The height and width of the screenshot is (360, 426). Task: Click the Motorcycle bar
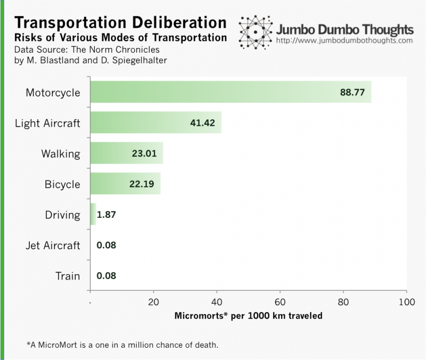tap(231, 92)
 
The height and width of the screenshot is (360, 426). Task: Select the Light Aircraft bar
tap(155, 123)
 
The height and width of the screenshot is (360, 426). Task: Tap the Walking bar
tap(126, 154)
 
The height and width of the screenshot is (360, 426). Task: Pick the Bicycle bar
tap(125, 184)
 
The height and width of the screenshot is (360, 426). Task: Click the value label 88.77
tap(352, 92)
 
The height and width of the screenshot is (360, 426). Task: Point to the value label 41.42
tap(202, 123)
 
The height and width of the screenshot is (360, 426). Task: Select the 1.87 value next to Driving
tap(106, 215)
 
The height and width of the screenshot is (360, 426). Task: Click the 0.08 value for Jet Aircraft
tap(106, 246)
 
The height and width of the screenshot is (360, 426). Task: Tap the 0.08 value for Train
tap(106, 276)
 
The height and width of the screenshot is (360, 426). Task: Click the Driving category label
tap(62, 215)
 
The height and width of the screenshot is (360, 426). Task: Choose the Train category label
tap(68, 276)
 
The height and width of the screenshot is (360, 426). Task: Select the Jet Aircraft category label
tap(53, 246)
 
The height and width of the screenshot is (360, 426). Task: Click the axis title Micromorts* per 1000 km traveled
tap(248, 316)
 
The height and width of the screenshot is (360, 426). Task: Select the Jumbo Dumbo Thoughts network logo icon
tap(256, 32)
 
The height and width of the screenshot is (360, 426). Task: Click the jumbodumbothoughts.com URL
tap(345, 40)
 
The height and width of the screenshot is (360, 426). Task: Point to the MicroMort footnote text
tap(122, 345)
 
